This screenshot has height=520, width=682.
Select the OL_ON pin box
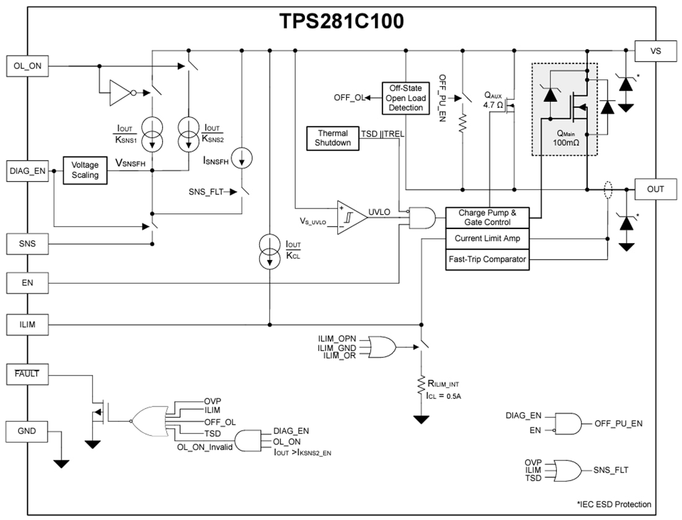tap(27, 65)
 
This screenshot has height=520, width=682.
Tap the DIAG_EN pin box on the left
tap(27, 172)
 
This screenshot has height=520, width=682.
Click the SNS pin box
tap(27, 244)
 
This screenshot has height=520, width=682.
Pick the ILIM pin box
tap(27, 324)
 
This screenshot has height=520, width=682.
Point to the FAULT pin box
tap(27, 374)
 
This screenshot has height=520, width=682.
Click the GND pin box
tap(27, 431)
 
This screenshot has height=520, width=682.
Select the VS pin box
tap(655, 51)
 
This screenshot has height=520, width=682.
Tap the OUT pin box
tap(655, 189)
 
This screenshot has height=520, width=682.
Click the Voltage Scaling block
tap(85, 170)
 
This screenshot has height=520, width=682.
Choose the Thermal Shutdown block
tap(333, 138)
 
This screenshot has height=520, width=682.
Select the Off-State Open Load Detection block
tap(405, 98)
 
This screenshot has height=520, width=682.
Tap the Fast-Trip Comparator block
tap(487, 259)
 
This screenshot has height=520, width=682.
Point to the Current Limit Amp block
tap(487, 238)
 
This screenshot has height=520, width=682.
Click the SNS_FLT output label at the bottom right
tap(611, 470)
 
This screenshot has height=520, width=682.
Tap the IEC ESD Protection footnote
tap(613, 504)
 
